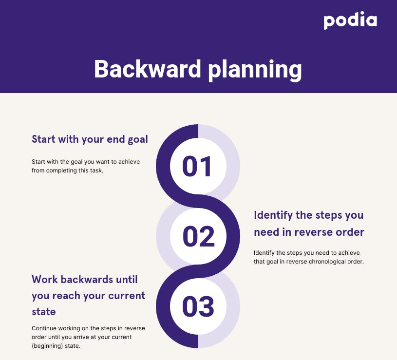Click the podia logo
350,20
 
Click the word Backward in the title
148,69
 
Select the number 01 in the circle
197,166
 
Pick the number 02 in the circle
199,236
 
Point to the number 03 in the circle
198,306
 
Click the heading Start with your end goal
90,139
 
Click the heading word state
43,312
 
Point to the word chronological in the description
327,262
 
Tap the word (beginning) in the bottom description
47,346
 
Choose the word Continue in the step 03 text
44,328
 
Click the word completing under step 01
61,171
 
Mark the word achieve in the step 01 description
129,162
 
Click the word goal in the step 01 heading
138,140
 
